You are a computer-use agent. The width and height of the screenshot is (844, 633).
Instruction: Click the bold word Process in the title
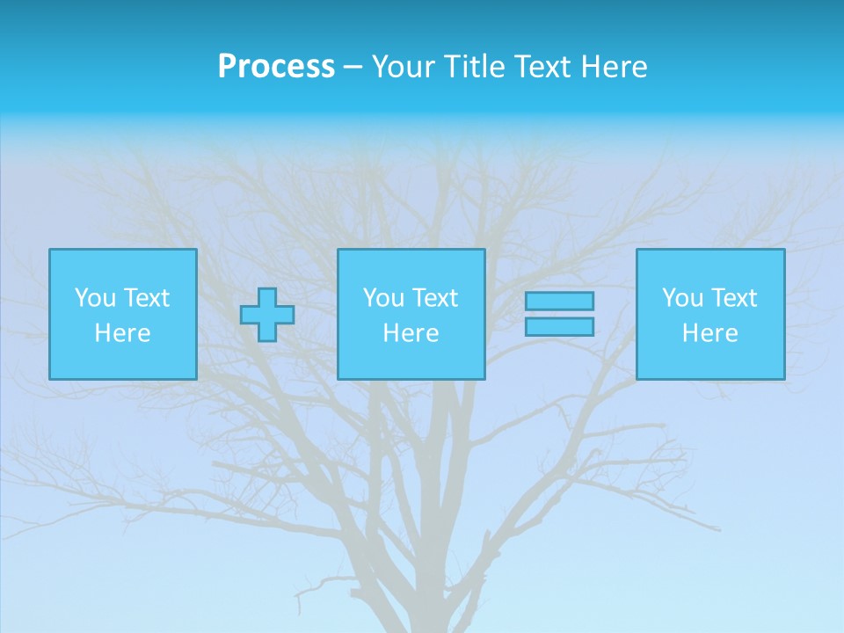pos(276,67)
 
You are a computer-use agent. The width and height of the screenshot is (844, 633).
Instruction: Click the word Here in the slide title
pos(615,67)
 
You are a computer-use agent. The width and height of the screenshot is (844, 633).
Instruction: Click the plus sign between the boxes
pos(267,314)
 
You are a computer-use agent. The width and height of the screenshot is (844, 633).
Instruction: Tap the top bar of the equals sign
pos(559,301)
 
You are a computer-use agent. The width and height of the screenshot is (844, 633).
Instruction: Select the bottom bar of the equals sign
pos(559,326)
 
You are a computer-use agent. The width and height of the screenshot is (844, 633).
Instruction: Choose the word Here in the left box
pos(122,333)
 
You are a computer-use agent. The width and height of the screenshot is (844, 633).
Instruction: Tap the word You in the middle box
pos(383,298)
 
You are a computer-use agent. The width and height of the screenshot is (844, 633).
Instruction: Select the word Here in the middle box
pos(411,333)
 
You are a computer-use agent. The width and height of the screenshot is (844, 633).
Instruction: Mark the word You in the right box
pos(682,298)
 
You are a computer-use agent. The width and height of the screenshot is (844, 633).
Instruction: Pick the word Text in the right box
pos(732,298)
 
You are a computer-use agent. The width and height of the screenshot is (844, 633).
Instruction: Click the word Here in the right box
pos(709,333)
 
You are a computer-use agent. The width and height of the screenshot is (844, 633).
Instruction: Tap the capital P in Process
pos(227,67)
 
